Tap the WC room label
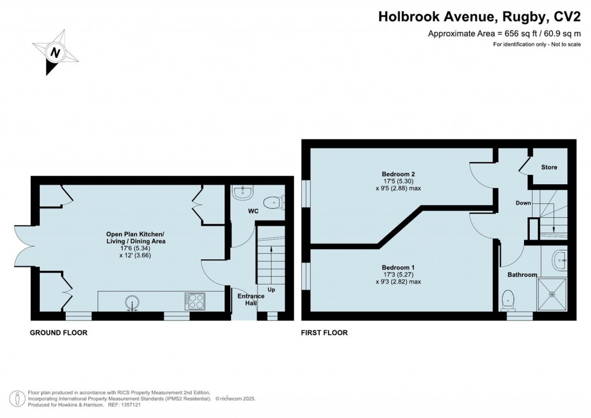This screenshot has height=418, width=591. click(x=253, y=211)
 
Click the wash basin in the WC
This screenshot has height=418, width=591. click(x=242, y=193)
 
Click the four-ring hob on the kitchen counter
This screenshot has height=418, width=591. click(x=195, y=301)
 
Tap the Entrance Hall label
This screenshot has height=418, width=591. click(x=251, y=300)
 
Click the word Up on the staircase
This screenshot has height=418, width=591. click(x=271, y=289)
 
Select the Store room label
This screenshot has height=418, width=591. click(x=549, y=167)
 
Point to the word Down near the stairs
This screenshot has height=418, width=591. click(x=523, y=203)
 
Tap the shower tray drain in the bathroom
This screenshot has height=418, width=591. click(x=552, y=294)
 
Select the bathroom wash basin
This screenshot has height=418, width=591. click(x=560, y=260)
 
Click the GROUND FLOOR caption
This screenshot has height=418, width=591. click(x=58, y=333)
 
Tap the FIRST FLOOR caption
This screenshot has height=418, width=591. click(x=324, y=333)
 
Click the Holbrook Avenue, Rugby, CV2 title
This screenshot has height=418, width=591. click(x=480, y=17)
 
